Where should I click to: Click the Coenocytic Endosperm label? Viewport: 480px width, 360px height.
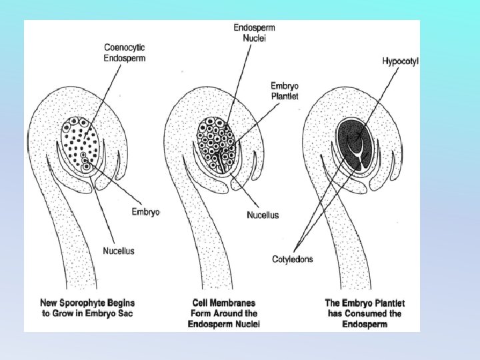[124, 53]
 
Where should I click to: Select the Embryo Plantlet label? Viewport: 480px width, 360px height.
[285, 91]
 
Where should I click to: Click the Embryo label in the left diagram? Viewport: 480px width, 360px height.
[146, 211]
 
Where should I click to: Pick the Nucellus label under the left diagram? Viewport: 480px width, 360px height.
[118, 251]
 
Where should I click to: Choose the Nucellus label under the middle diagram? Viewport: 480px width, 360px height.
[263, 215]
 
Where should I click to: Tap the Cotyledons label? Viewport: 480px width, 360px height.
[292, 259]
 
